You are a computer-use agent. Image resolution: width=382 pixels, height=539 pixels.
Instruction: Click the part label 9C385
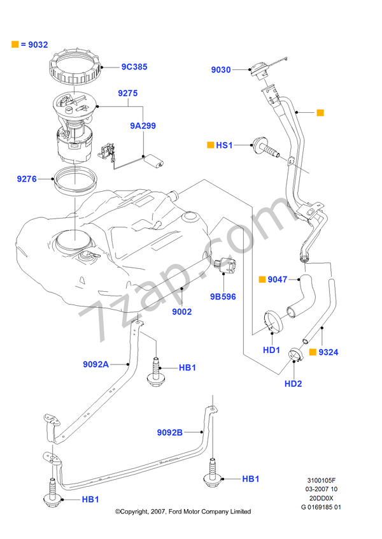point(134,66)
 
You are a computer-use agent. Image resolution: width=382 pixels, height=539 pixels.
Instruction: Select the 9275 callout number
point(127,93)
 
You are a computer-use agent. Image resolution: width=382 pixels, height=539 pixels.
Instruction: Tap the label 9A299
point(143,126)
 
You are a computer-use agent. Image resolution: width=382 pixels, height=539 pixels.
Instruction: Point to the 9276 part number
point(27,180)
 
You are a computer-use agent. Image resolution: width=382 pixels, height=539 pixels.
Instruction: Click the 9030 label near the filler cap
point(222,70)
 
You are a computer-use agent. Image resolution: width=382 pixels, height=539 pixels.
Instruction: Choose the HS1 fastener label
point(225,146)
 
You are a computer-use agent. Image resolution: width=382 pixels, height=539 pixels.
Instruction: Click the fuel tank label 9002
point(181,312)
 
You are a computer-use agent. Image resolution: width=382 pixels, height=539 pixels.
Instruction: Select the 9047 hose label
point(278,279)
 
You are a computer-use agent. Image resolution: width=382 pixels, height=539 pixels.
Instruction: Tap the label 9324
point(329,351)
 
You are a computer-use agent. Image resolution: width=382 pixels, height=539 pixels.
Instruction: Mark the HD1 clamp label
point(272,350)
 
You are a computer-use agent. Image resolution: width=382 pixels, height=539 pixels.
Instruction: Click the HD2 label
point(293,384)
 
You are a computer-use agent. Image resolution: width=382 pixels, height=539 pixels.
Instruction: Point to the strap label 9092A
point(95,364)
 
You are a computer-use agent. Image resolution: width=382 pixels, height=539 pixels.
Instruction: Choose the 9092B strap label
point(170,433)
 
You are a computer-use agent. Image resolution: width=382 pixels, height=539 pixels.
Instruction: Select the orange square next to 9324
point(312,351)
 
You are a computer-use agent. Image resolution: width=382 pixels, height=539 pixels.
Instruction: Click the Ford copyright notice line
point(183,512)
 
